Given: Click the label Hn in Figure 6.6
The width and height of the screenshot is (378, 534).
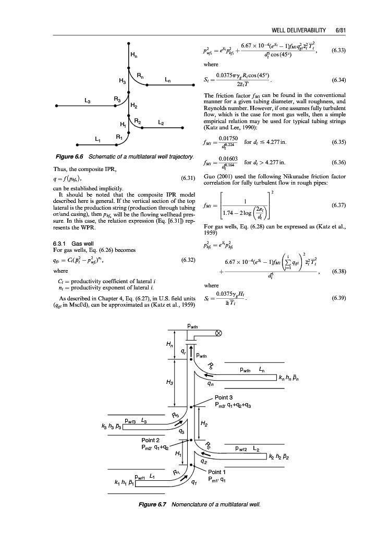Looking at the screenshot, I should tap(135, 55).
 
